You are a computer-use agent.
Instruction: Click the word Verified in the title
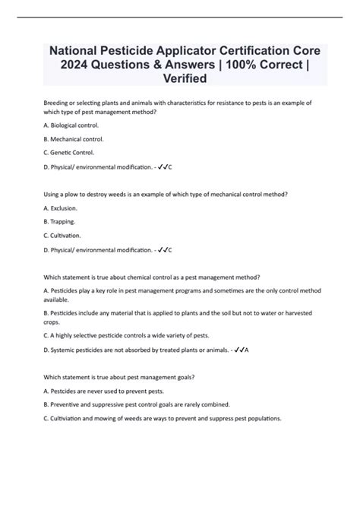(179, 78)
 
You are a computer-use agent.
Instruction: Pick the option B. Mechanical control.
(75, 140)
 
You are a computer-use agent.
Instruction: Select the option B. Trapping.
(60, 222)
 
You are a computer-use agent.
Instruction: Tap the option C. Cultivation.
(65, 236)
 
